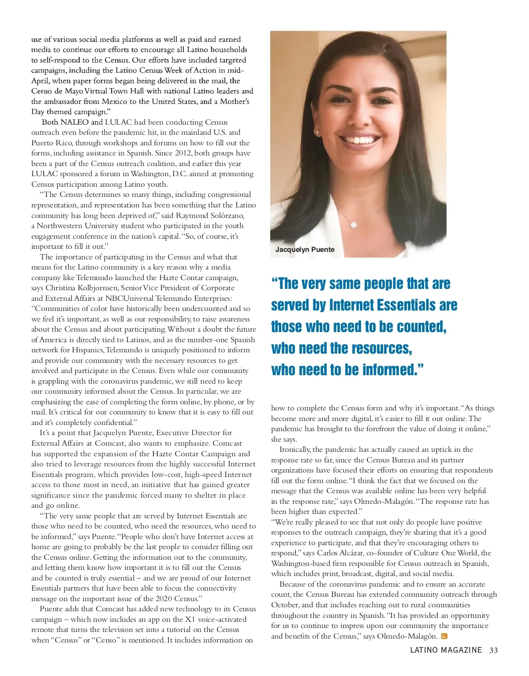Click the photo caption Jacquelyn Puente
305,250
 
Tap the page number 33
493,650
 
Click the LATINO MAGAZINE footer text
446,650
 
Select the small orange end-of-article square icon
444,636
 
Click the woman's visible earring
317,131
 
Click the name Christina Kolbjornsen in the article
82,288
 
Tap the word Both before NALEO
50,122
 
